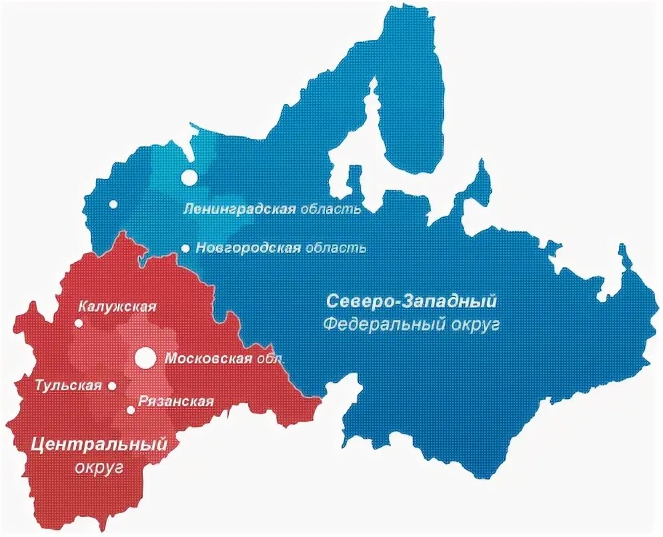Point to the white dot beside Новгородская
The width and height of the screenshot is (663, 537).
185,248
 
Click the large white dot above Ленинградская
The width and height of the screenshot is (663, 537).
190,178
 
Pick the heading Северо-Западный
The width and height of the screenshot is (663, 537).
412,301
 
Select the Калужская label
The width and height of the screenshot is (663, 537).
117,307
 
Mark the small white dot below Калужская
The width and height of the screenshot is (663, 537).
79,323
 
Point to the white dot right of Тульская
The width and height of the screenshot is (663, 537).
112,386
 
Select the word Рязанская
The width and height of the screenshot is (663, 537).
176,401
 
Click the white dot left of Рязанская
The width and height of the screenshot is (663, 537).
130,409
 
